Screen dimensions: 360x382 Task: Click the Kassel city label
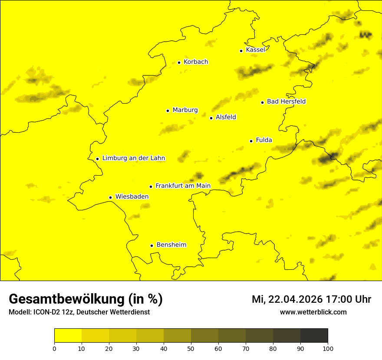pyautogui.click(x=255, y=50)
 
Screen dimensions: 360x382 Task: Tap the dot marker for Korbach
pyautogui.click(x=179, y=62)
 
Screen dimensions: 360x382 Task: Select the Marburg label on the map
pyautogui.click(x=185, y=110)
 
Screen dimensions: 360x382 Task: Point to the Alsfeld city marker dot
pyautogui.click(x=211, y=118)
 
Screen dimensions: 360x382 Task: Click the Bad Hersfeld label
pyautogui.click(x=286, y=101)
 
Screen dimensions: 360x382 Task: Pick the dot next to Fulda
pyautogui.click(x=251, y=141)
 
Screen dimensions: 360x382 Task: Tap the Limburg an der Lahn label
pyautogui.click(x=133, y=158)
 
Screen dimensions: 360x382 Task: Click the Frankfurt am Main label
pyautogui.click(x=183, y=186)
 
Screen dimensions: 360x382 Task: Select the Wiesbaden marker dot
pyautogui.click(x=110, y=197)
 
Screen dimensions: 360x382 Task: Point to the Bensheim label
pyautogui.click(x=171, y=245)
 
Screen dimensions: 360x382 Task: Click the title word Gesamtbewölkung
pyautogui.click(x=67, y=299)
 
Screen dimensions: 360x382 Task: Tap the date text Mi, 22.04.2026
pyautogui.click(x=286, y=299)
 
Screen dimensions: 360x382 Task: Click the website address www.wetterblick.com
pyautogui.click(x=313, y=312)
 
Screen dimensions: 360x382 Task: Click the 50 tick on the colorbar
pyautogui.click(x=191, y=348)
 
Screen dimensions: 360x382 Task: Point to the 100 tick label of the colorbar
pyautogui.click(x=328, y=348)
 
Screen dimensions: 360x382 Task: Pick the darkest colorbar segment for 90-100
pyautogui.click(x=314, y=335)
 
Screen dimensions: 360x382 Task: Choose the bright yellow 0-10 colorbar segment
pyautogui.click(x=68, y=335)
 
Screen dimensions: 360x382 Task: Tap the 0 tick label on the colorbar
pyautogui.click(x=54, y=348)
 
